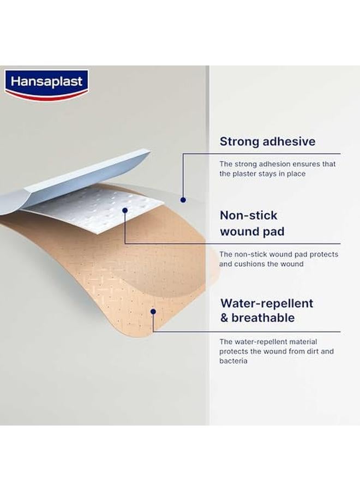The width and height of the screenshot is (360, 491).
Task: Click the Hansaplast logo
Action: click(47, 85)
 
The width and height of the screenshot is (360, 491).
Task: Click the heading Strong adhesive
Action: click(267, 141)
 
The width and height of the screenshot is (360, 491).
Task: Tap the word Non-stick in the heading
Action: click(249, 215)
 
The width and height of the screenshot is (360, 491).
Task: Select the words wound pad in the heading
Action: click(252, 232)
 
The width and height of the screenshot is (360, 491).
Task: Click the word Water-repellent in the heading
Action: click(267, 303)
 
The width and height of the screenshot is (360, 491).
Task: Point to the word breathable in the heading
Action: click(263, 318)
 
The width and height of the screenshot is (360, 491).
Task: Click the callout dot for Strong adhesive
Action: click(183, 200)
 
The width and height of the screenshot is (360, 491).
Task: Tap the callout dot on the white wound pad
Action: click(125, 211)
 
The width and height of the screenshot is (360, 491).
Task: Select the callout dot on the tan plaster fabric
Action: click(153, 312)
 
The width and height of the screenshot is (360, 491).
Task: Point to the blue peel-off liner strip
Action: click(75, 182)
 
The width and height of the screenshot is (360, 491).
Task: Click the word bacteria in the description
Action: click(233, 361)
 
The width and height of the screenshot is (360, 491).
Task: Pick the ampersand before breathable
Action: click(224, 318)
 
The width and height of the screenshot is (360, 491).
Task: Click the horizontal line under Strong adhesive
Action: click(261, 154)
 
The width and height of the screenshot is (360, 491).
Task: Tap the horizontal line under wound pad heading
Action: click(232, 244)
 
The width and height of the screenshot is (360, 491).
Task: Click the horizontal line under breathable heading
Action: click(247, 332)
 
